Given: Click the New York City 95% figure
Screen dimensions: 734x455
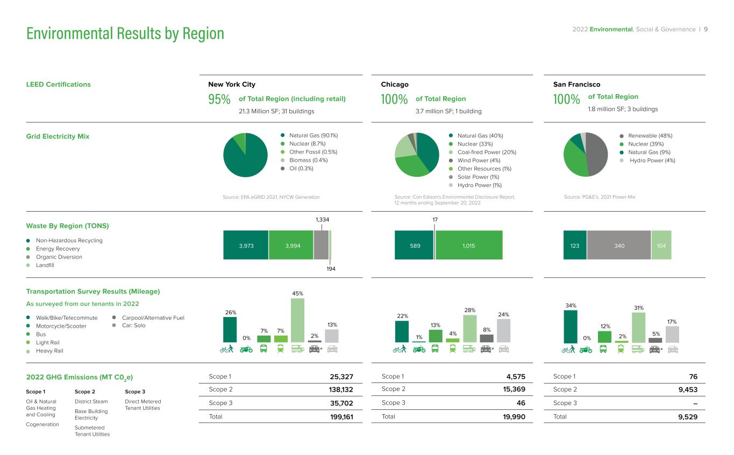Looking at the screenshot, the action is pos(219,99).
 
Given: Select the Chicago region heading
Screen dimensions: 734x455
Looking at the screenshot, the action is pos(395,84).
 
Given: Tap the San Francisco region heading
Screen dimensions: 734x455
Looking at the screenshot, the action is pos(576,84).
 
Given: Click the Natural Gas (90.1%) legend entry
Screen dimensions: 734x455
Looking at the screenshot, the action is pos(309,135).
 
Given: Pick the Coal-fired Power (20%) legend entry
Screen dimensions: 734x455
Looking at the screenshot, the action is pos(482,152).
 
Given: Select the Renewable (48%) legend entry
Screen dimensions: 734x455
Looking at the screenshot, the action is pos(646,135).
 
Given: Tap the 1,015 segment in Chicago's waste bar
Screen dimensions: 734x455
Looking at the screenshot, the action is pos(469,245).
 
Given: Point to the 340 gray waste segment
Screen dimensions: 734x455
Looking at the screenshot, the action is pos(619,245).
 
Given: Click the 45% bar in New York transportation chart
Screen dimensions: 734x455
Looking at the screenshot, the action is pos(297,320).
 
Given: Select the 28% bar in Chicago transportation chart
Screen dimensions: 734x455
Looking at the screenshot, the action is pos(470,329).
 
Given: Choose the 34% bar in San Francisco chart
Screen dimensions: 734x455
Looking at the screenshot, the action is pos(571,327).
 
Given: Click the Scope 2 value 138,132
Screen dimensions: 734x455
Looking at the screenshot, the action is pos(341,389).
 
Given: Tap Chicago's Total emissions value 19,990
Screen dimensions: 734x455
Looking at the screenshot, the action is pos(514,417).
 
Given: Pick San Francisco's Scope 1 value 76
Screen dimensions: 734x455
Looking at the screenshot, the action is pos(693,377).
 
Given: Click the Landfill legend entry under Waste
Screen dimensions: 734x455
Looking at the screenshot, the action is pos(40,265).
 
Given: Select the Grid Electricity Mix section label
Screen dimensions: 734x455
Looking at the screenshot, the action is pos(58,136).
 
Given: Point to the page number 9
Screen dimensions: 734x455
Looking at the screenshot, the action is pos(706,29).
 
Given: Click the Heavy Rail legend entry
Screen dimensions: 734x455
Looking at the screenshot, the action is pos(45,351).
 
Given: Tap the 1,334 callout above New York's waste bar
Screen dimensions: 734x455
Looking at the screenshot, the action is pos(323,220).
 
